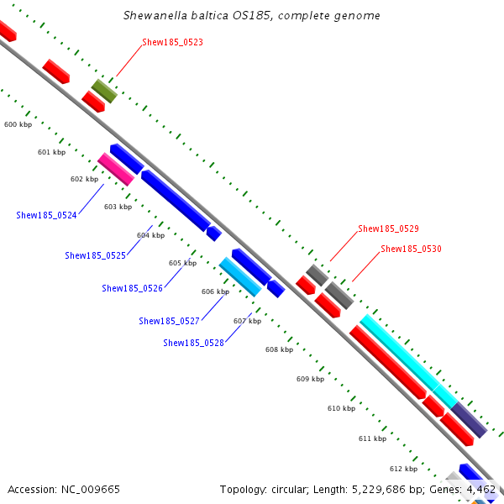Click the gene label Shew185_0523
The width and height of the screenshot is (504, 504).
[x=172, y=42]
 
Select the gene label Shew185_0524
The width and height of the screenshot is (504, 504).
[x=46, y=215]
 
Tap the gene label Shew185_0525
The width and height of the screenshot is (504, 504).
[x=95, y=255]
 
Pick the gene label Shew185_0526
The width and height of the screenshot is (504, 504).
[x=132, y=288]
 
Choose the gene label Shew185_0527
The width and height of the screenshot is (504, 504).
[x=169, y=321]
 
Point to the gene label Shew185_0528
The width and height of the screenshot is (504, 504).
[x=193, y=343]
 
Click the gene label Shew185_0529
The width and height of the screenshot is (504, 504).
[x=388, y=228]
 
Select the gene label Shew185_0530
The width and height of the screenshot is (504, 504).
[x=411, y=249]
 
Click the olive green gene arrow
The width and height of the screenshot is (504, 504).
[x=104, y=91]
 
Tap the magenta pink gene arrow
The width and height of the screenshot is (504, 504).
[x=116, y=170]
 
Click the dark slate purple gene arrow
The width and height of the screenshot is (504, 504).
[x=469, y=420]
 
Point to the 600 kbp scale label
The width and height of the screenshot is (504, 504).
[x=18, y=124]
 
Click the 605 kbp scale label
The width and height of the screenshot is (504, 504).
[x=182, y=263]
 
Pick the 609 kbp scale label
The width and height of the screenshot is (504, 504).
[x=310, y=379]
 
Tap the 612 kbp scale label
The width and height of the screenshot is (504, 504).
[x=403, y=469]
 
